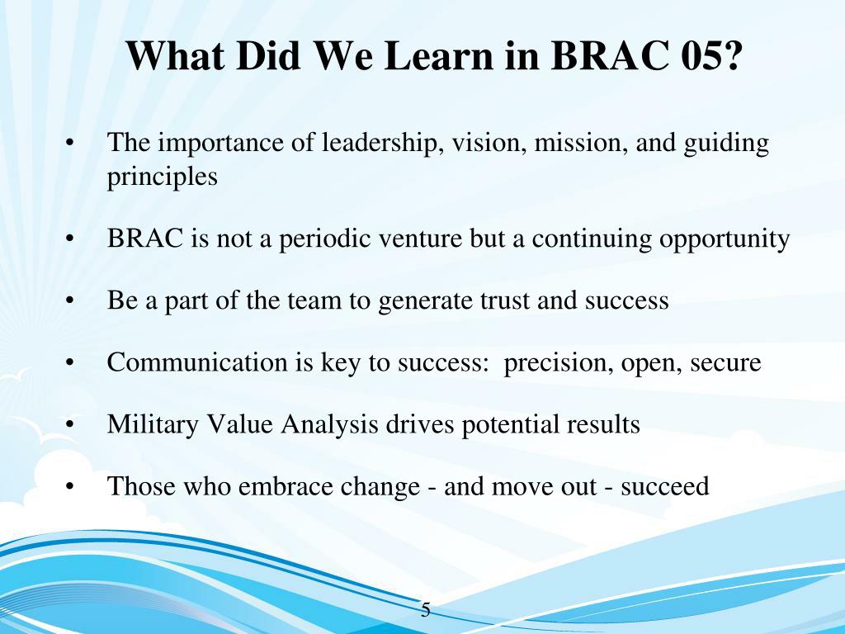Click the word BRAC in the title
pyautogui.click(x=609, y=55)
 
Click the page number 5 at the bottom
pyautogui.click(x=426, y=610)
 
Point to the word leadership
pyautogui.click(x=378, y=144)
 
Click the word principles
pyautogui.click(x=163, y=177)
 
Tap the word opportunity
pyautogui.click(x=725, y=239)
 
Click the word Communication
pyautogui.click(x=197, y=362)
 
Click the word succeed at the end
pyautogui.click(x=664, y=486)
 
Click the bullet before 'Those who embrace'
pyautogui.click(x=69, y=487)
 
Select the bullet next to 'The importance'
pyautogui.click(x=69, y=144)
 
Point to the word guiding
pyautogui.click(x=726, y=144)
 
